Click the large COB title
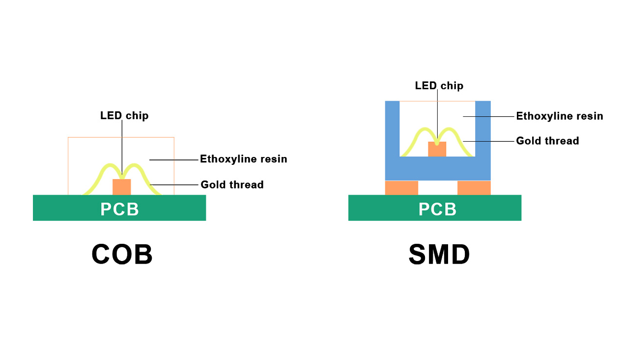click(x=122, y=255)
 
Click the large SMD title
click(x=439, y=255)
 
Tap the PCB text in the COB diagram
click(x=120, y=209)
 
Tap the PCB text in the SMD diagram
click(x=438, y=209)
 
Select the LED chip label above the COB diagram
click(x=124, y=116)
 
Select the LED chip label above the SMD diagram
click(x=439, y=86)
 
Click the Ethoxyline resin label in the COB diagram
click(x=243, y=159)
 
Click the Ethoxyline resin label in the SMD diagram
click(x=560, y=116)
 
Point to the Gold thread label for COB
click(x=232, y=185)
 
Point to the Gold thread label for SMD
click(x=547, y=141)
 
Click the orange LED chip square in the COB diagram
click(x=122, y=187)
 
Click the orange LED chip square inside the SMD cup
click(x=437, y=149)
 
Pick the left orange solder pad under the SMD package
click(x=401, y=188)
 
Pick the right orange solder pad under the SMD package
click(x=474, y=188)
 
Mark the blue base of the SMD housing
click(x=438, y=169)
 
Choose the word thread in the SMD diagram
click(x=562, y=141)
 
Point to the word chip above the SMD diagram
click(x=452, y=86)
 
